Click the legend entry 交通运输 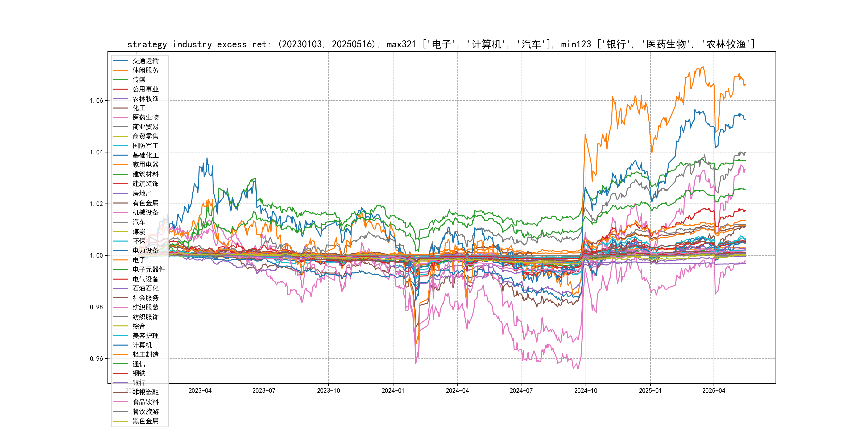(x=145, y=61)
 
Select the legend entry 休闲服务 (x=145, y=70)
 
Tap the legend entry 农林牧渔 (x=145, y=99)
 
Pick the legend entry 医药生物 (x=145, y=117)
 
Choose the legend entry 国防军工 (x=145, y=146)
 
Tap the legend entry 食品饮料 (x=145, y=402)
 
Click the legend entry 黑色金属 (x=145, y=421)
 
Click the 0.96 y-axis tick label (x=96, y=359)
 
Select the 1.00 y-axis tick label (x=96, y=256)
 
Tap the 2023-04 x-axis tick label (x=200, y=391)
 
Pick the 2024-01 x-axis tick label (x=393, y=391)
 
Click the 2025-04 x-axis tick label (x=714, y=391)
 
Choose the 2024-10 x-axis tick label (x=586, y=391)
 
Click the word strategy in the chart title (x=147, y=44)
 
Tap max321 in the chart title (x=401, y=44)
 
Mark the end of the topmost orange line (x=745, y=84)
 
